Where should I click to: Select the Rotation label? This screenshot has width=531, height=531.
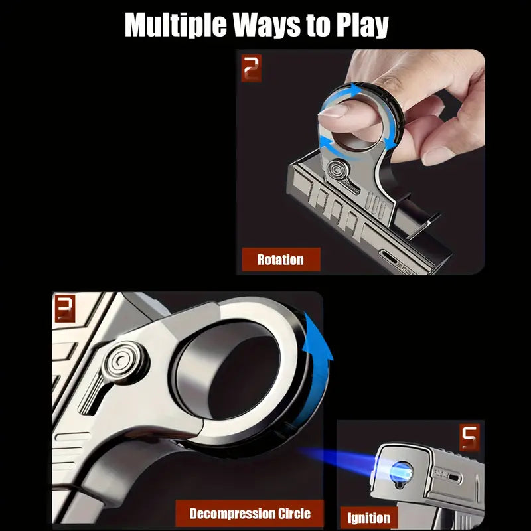[x=280, y=259]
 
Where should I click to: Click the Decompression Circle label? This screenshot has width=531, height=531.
[x=250, y=513]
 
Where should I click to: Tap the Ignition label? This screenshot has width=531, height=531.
[x=369, y=516]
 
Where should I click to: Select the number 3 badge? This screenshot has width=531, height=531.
[x=64, y=310]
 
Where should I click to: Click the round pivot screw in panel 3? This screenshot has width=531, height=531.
[x=121, y=362]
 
